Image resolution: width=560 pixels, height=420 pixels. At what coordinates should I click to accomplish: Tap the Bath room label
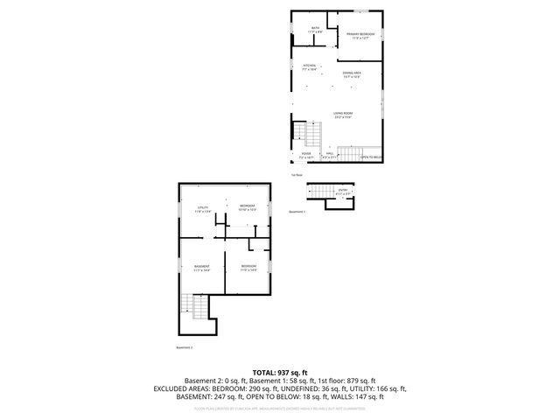(316, 29)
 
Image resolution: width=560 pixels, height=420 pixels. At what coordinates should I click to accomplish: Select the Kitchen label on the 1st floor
(309, 66)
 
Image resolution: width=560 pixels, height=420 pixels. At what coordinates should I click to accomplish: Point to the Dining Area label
(352, 74)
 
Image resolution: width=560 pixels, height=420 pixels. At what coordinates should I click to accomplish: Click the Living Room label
(342, 115)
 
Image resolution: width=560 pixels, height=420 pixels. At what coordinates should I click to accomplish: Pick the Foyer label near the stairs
(306, 154)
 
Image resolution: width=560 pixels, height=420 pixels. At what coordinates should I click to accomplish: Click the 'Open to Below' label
(373, 157)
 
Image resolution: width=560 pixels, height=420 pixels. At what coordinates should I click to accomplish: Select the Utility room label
(202, 208)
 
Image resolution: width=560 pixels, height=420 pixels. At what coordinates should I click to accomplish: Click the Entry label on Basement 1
(343, 191)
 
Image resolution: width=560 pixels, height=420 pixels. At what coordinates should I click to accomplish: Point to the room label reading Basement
(201, 267)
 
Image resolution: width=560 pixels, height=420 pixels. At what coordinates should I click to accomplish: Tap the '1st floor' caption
(297, 175)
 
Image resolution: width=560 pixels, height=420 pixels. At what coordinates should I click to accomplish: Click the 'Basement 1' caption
(297, 213)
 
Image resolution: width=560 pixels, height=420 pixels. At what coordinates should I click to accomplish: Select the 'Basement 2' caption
(184, 347)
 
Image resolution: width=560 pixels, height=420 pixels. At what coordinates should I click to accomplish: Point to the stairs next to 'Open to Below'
(350, 154)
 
